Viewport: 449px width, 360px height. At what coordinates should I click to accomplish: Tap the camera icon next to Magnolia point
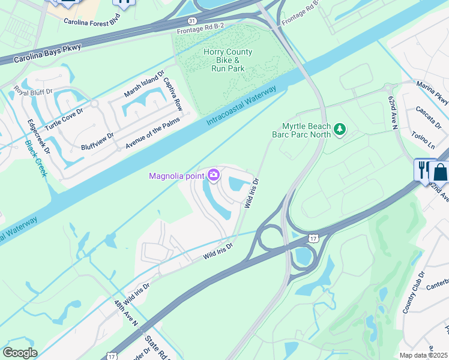coord(214,175)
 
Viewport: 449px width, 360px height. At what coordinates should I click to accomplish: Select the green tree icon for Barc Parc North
coord(340,130)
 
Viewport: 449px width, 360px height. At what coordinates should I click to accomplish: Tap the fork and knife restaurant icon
coord(423,169)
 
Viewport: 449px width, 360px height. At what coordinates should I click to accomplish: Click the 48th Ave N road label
coord(127,313)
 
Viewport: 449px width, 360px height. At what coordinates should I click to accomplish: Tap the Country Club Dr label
coord(413,292)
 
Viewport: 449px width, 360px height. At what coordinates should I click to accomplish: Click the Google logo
coord(20,352)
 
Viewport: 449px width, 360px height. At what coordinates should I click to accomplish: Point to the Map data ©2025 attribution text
coord(423,355)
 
